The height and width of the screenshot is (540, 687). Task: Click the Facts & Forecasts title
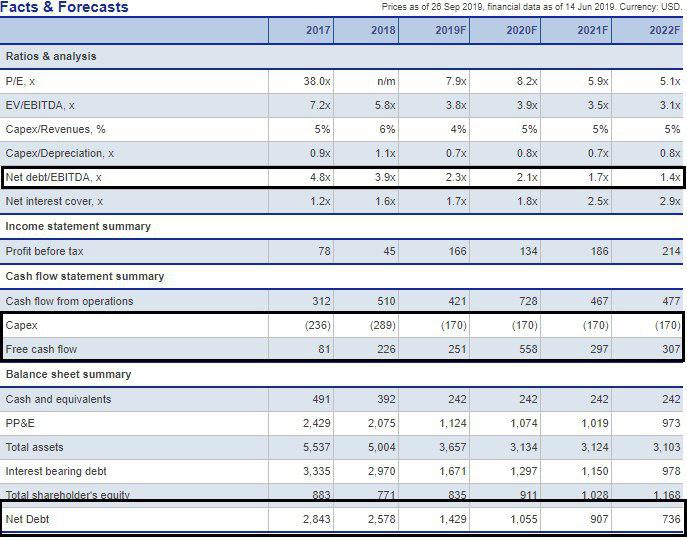66,8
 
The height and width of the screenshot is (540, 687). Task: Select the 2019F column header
451,30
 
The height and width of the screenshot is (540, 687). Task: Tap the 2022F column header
664,30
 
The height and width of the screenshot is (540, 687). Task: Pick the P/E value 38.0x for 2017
318,80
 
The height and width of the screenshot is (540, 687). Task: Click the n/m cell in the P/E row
384,80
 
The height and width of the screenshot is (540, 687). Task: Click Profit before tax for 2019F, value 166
457,251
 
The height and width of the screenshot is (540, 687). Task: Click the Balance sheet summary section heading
68,374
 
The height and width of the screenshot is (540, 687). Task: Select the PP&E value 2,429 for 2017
316,423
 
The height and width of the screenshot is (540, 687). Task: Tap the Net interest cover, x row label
54,201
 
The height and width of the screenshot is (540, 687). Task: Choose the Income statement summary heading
78,226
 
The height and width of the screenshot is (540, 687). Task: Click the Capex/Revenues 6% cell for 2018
386,129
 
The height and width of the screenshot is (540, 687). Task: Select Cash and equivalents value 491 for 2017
321,399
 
